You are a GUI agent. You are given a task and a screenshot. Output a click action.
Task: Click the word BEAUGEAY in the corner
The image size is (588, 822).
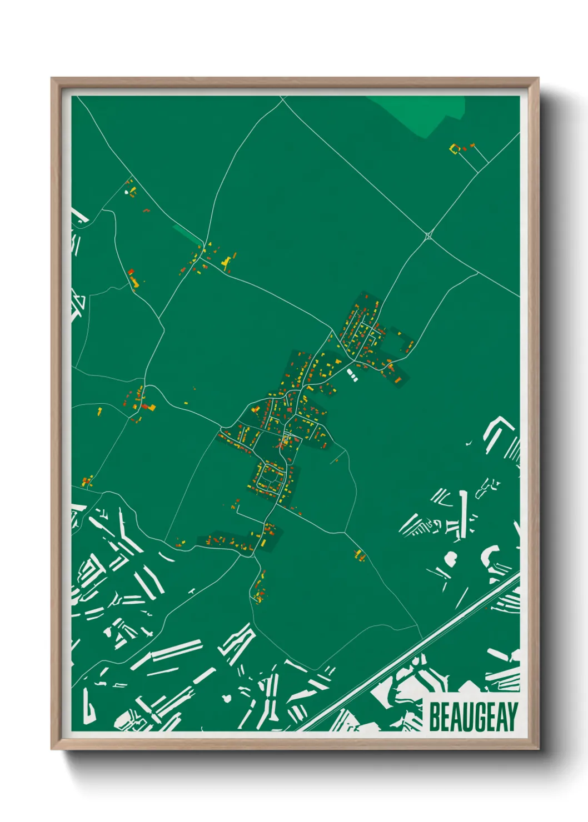(474, 716)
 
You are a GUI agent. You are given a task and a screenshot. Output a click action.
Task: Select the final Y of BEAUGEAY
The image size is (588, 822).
(512, 716)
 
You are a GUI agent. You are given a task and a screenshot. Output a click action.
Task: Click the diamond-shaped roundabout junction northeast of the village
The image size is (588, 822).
(428, 235)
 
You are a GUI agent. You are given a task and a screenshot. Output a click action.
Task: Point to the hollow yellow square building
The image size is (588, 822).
(454, 148)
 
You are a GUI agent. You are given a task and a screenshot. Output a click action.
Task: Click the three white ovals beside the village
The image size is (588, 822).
(352, 375)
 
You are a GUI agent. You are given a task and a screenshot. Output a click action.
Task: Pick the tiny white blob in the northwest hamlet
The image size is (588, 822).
(127, 192)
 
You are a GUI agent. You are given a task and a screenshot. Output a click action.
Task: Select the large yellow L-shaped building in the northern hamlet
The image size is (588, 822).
(226, 262)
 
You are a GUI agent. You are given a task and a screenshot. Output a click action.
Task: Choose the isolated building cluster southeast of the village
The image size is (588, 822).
(359, 554)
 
